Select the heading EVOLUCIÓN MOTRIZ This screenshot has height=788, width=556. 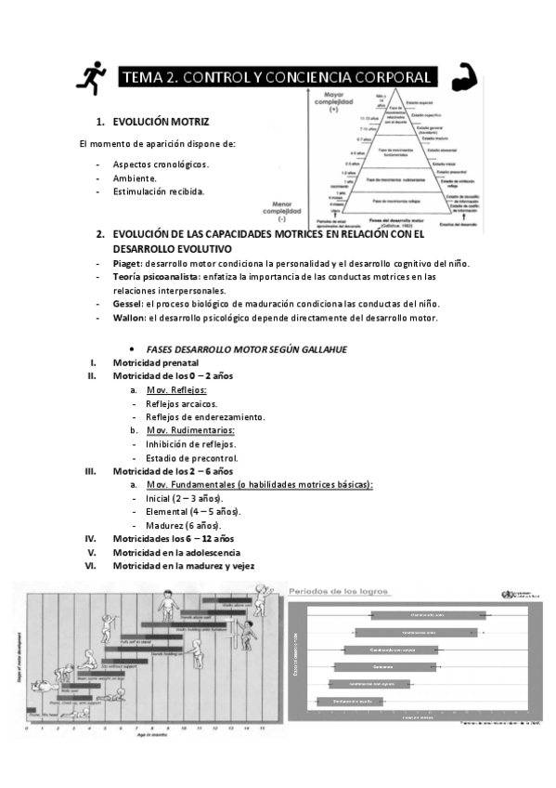pyautogui.click(x=161, y=122)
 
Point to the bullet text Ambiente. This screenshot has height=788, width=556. pyautogui.click(x=135, y=177)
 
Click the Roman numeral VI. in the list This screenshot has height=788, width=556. pyautogui.click(x=90, y=565)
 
